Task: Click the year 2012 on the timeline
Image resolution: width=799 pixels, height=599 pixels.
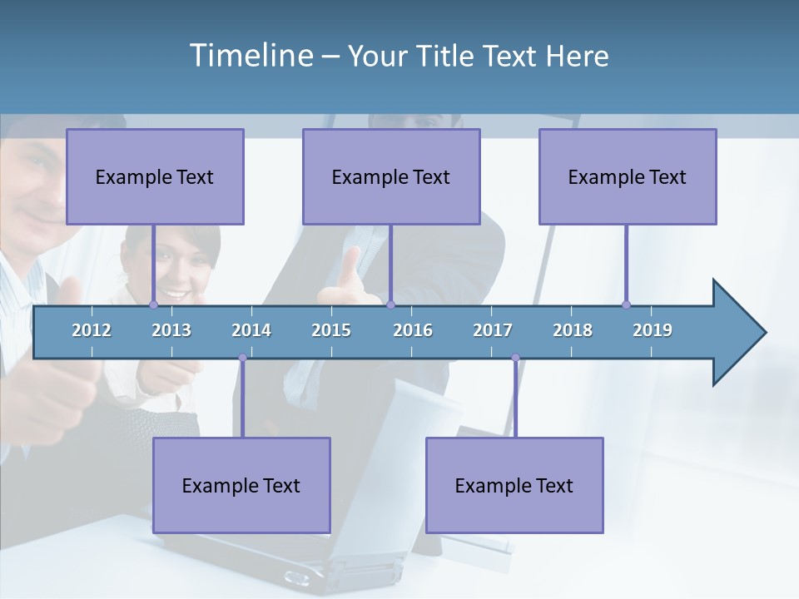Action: (92, 330)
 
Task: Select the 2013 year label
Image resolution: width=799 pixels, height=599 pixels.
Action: (171, 330)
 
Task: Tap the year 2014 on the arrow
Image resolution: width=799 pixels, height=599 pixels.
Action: (251, 330)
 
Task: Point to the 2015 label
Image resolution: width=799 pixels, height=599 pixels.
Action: (331, 330)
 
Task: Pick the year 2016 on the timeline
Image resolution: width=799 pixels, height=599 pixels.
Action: (413, 330)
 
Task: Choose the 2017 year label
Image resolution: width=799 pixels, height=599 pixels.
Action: (493, 330)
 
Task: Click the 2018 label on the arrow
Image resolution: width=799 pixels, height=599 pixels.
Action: (573, 330)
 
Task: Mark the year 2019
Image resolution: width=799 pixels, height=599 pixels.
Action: (653, 330)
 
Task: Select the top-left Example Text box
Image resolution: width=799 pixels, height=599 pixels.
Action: (155, 176)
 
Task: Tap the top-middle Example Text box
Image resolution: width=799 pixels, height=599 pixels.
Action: (391, 176)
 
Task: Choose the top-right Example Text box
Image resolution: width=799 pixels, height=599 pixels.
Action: (628, 176)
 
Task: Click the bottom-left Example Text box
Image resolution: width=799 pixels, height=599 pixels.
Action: (241, 485)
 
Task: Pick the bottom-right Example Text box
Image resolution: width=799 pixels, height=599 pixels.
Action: (514, 485)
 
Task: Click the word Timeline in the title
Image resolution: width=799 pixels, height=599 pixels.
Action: (250, 55)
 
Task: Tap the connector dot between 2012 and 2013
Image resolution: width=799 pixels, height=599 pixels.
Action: (153, 304)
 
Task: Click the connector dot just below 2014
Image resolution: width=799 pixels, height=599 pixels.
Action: (242, 358)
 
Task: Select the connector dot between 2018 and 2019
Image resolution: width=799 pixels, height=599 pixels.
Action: (626, 304)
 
